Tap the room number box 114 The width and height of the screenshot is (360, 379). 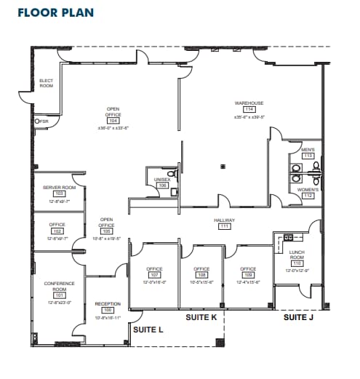point(249,110)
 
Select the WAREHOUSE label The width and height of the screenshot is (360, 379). point(249,103)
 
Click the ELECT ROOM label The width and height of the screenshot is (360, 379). point(46,83)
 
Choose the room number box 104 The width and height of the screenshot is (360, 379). point(113,121)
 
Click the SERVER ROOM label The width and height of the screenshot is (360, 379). point(59,188)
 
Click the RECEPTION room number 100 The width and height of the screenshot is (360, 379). point(108,311)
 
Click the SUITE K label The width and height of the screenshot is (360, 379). point(201,318)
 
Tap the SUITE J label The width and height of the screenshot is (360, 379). point(298,317)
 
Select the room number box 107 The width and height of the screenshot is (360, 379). point(154,275)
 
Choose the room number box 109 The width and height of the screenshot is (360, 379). point(248,275)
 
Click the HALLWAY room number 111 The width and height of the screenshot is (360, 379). point(223,226)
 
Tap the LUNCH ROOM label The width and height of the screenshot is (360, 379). point(296,255)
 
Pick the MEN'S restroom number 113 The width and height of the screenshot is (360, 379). point(308,156)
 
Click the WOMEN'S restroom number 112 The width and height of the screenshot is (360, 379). point(308,195)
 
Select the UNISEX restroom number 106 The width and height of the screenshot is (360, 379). point(162,185)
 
